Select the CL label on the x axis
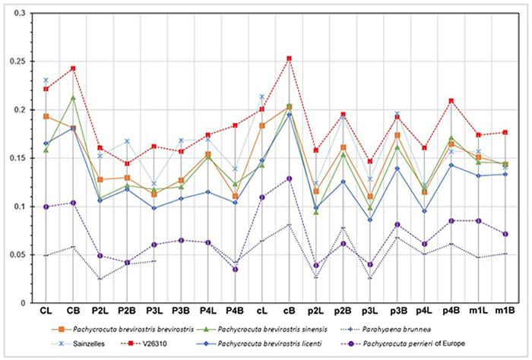pyautogui.click(x=46, y=311)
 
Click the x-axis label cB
pyautogui.click(x=290, y=311)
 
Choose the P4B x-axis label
pyautogui.click(x=236, y=311)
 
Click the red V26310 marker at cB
pyautogui.click(x=290, y=58)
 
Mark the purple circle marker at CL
pyautogui.click(x=46, y=207)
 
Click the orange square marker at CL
pyautogui.click(x=46, y=116)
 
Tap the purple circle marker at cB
pyautogui.click(x=290, y=178)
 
